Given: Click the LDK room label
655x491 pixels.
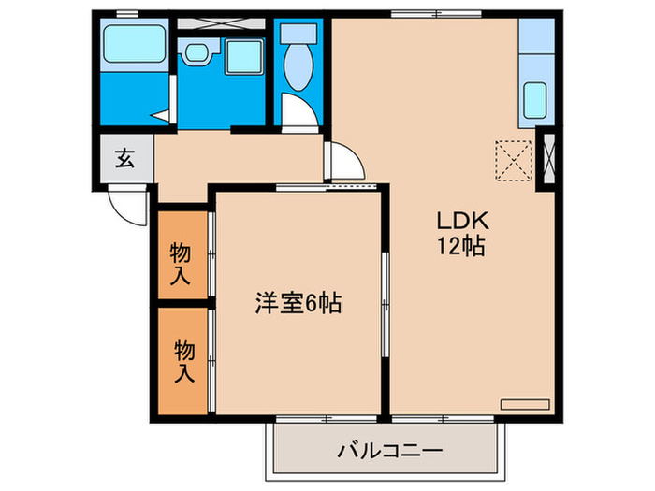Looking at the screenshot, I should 459,221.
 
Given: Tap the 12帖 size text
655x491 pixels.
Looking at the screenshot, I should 459,248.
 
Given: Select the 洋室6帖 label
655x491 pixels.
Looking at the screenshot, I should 298,303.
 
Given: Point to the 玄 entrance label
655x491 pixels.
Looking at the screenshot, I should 124,158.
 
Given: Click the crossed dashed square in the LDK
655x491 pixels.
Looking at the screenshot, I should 513,159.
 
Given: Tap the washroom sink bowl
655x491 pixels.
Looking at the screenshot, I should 197,54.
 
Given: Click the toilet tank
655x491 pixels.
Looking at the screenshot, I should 300,33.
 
